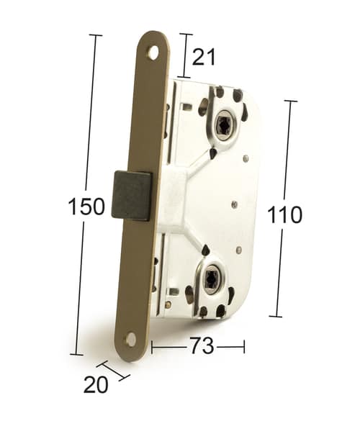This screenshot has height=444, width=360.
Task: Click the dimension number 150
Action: [x=86, y=207]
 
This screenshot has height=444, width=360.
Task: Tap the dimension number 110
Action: [x=284, y=215]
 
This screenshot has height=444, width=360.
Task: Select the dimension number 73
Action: [x=202, y=345]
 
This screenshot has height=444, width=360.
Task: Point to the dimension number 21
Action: [x=204, y=57]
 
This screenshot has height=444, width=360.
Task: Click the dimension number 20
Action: [x=96, y=384]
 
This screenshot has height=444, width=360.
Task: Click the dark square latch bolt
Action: [x=131, y=196]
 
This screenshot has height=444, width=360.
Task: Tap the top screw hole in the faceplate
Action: [x=154, y=53]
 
